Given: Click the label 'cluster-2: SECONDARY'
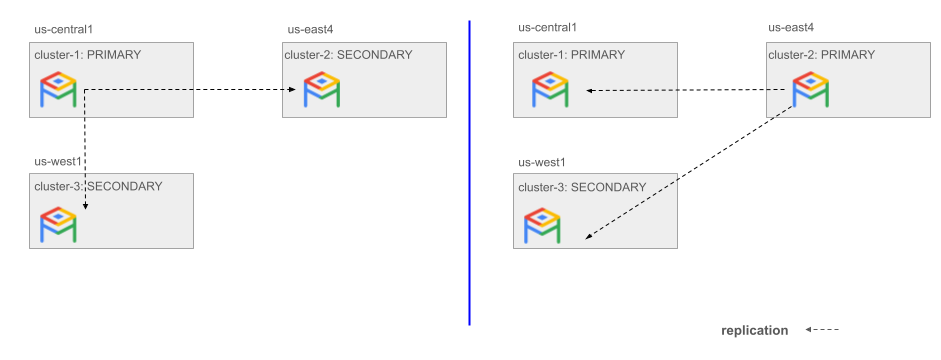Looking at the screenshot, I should pos(347,55).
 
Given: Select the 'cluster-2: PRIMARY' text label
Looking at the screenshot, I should pos(821,55).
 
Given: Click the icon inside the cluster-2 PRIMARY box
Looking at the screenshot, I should pos(810,90).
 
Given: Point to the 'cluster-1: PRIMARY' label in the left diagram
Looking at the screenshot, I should pos(87,55).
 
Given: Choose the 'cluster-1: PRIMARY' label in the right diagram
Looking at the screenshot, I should pos(571,55).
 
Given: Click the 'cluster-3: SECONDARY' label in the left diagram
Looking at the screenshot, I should pos(98,186).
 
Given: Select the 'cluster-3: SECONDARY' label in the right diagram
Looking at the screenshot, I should pos(582,187).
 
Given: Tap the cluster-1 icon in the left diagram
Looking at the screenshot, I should pos(58,90).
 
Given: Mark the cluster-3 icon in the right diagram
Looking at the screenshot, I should pos(542,226).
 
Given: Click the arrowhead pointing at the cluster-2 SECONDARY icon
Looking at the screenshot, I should pos(293,90).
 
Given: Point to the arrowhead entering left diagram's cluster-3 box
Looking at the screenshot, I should pos(85,206).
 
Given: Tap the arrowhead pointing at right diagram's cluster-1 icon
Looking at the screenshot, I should pos(590,91).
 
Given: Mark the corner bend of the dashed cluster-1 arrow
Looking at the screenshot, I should pos(85,90).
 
